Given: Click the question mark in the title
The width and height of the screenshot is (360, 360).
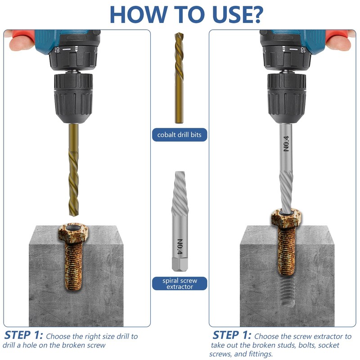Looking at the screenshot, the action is (x=255, y=14).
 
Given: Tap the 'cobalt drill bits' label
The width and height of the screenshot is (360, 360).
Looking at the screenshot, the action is (x=179, y=135).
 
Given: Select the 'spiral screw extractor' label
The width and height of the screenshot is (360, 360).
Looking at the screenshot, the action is (x=180, y=283).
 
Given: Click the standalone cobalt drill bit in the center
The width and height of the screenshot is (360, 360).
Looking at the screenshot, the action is (x=179, y=78).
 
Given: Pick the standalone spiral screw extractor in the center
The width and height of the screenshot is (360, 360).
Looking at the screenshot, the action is (x=180, y=221).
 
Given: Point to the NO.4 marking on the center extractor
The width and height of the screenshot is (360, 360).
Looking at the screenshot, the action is (x=180, y=247).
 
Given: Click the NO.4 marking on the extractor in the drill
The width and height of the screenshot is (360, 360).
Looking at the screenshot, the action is (x=286, y=144).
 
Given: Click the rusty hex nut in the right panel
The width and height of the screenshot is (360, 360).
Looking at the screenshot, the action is (x=286, y=218).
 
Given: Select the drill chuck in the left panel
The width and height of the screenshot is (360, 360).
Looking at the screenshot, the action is (x=73, y=97).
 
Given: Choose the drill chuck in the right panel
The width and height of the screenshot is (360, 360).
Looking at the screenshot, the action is (x=287, y=97).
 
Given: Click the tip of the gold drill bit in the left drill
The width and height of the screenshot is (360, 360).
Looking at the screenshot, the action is (x=74, y=216).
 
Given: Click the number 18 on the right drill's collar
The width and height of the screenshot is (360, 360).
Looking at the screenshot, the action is (x=303, y=49).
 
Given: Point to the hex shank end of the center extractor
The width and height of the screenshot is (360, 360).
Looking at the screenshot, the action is (x=180, y=265).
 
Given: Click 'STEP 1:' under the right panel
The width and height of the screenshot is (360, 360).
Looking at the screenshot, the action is (x=232, y=335).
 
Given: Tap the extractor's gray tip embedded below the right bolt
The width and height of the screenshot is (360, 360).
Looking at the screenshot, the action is (x=288, y=291).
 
